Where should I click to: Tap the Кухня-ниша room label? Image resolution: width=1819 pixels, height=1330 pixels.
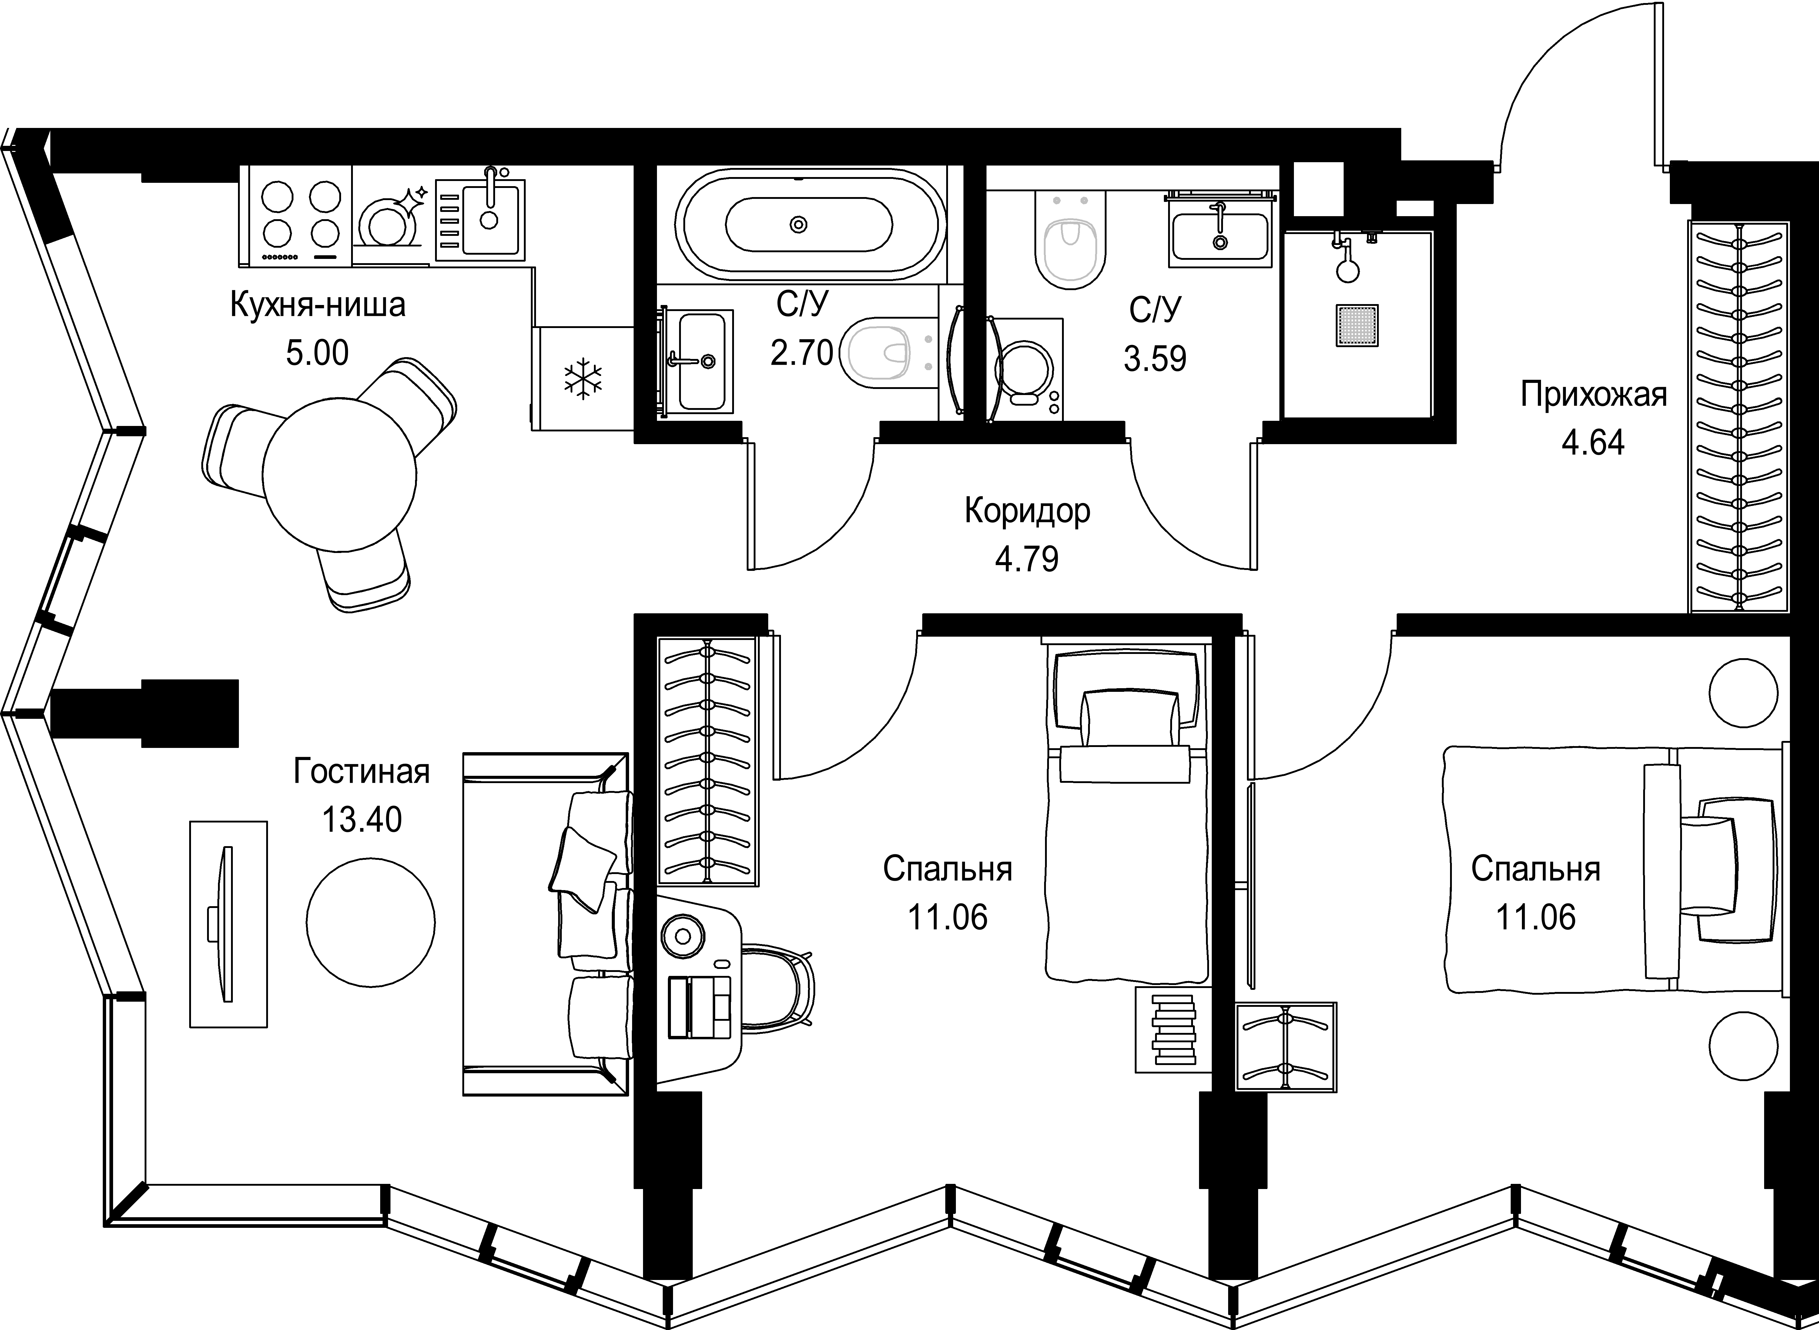point(318,306)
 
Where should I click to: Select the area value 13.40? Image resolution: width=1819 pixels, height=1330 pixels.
point(361,819)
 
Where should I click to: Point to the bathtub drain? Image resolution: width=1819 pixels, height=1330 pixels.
point(799,225)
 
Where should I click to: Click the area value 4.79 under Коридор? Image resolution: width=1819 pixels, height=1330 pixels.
point(1026,559)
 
